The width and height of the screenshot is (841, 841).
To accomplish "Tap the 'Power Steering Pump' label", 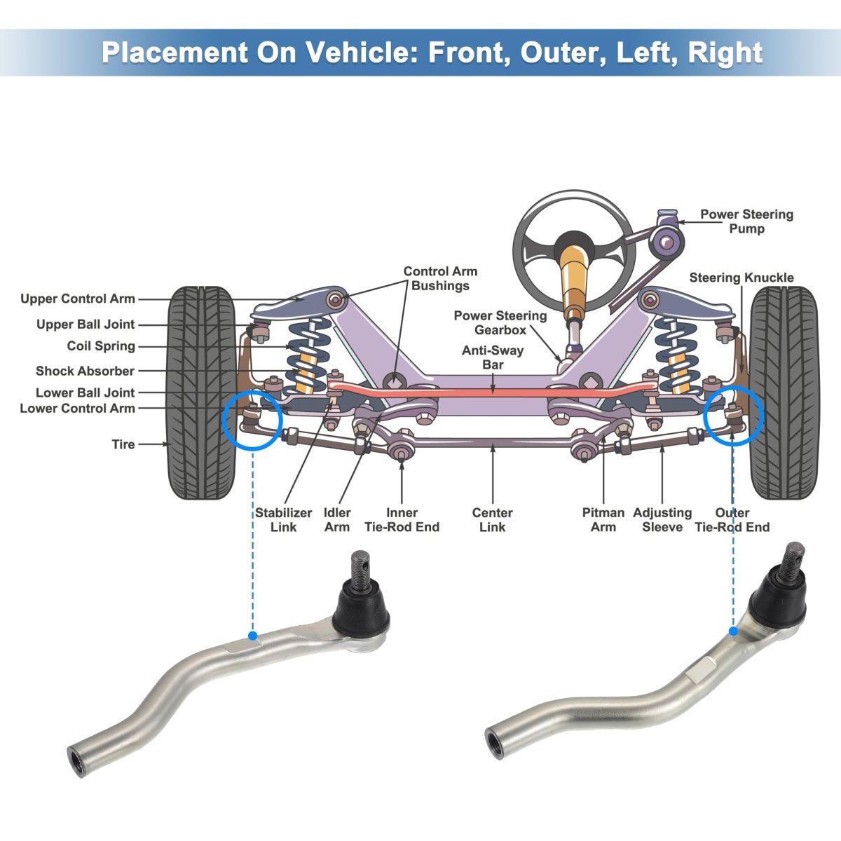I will [x=746, y=221].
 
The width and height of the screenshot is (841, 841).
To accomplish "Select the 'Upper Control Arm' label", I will [x=78, y=299].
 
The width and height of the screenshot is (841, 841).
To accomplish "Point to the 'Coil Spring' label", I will [x=101, y=346].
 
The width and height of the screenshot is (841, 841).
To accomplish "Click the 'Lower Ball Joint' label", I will [x=85, y=392].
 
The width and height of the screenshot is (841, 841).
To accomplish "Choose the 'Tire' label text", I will [x=123, y=444].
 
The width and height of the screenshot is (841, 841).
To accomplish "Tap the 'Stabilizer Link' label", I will [x=283, y=520].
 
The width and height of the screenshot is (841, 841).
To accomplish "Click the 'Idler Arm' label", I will [x=337, y=520].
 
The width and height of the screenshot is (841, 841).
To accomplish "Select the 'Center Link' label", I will [x=492, y=520].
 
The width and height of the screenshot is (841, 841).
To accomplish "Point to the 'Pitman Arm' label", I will [x=603, y=520].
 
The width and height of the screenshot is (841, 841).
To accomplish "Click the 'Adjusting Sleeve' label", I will [x=662, y=520].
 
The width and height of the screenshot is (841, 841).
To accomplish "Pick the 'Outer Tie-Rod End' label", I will [x=732, y=520].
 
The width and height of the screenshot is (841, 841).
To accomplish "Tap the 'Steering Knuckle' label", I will [x=741, y=278].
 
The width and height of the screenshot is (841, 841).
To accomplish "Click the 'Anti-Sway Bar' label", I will [x=493, y=357].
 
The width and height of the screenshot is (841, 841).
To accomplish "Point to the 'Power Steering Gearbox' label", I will [x=500, y=322].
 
